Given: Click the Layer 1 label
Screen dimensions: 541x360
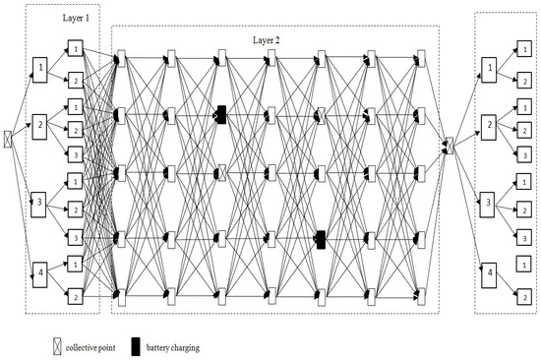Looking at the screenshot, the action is click(76, 18).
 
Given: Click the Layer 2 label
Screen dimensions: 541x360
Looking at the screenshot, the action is click(266, 40).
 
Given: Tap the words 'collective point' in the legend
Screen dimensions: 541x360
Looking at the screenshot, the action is click(90, 347).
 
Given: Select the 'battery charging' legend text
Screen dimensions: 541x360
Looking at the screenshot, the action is click(173, 347).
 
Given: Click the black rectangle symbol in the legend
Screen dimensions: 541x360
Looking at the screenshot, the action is click(136, 346).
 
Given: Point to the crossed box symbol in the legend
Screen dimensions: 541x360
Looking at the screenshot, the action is click(57, 346).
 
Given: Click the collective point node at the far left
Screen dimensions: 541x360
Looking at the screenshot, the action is click(8, 140).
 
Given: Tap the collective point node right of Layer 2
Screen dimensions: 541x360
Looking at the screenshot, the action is click(449, 146).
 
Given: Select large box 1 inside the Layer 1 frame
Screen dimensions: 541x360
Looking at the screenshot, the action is click(40, 70).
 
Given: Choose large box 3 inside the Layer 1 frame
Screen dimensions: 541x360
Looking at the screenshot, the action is click(38, 205).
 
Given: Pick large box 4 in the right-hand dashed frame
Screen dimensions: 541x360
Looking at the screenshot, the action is click(489, 275).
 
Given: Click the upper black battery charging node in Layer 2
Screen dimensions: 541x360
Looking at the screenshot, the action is click(222, 115).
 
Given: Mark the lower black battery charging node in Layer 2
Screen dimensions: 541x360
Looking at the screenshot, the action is click(321, 240).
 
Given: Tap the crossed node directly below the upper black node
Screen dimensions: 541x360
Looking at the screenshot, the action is click(222, 173).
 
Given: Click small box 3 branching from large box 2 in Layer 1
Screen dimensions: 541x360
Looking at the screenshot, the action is click(76, 155).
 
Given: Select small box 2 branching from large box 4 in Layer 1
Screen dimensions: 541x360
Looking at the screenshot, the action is click(75, 297).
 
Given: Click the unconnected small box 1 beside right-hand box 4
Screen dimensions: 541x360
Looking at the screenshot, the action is click(523, 265).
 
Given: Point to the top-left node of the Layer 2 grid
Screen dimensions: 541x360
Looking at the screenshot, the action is click(121, 59).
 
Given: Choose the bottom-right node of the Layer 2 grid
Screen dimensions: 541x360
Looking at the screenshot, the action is click(421, 297).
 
